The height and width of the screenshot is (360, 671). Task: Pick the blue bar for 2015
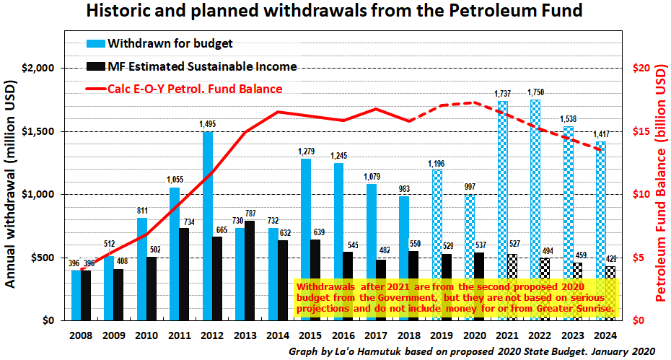tap(305, 239)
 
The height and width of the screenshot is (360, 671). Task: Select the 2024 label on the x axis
tap(606, 335)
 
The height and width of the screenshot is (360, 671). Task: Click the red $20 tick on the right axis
tap(642, 68)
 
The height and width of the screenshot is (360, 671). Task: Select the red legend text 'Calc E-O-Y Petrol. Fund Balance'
tap(195, 89)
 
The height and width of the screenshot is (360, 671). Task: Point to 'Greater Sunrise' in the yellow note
tap(575, 308)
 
